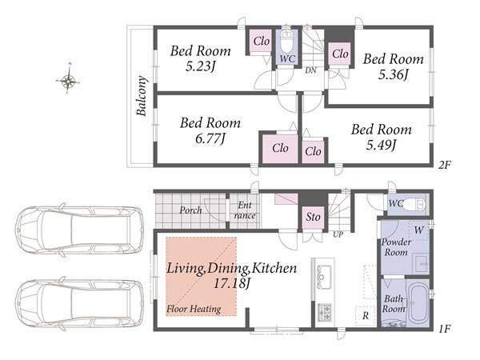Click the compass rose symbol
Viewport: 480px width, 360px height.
click(x=68, y=81)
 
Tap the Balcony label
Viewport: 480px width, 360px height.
click(x=142, y=95)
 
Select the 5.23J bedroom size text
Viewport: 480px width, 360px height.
click(x=200, y=66)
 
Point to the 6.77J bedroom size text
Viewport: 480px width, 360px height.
click(x=210, y=138)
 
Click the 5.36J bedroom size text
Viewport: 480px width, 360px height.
click(x=393, y=74)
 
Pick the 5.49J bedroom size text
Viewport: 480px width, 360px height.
click(x=381, y=145)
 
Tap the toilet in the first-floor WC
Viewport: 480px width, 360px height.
click(x=414, y=204)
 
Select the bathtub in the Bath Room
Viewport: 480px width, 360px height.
click(x=418, y=303)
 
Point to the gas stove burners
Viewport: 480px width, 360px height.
click(x=325, y=312)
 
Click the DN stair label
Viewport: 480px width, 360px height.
click(x=310, y=70)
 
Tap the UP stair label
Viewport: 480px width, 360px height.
click(x=338, y=234)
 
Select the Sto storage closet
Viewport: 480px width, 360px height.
click(x=313, y=218)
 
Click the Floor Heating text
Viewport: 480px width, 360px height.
click(x=194, y=309)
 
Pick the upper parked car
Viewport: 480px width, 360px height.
click(x=79, y=230)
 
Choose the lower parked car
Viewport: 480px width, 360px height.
click(x=79, y=304)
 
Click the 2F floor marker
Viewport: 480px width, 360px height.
click(x=444, y=166)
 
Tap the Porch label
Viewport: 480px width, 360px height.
click(x=190, y=210)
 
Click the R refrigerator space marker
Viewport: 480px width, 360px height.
click(x=366, y=316)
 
